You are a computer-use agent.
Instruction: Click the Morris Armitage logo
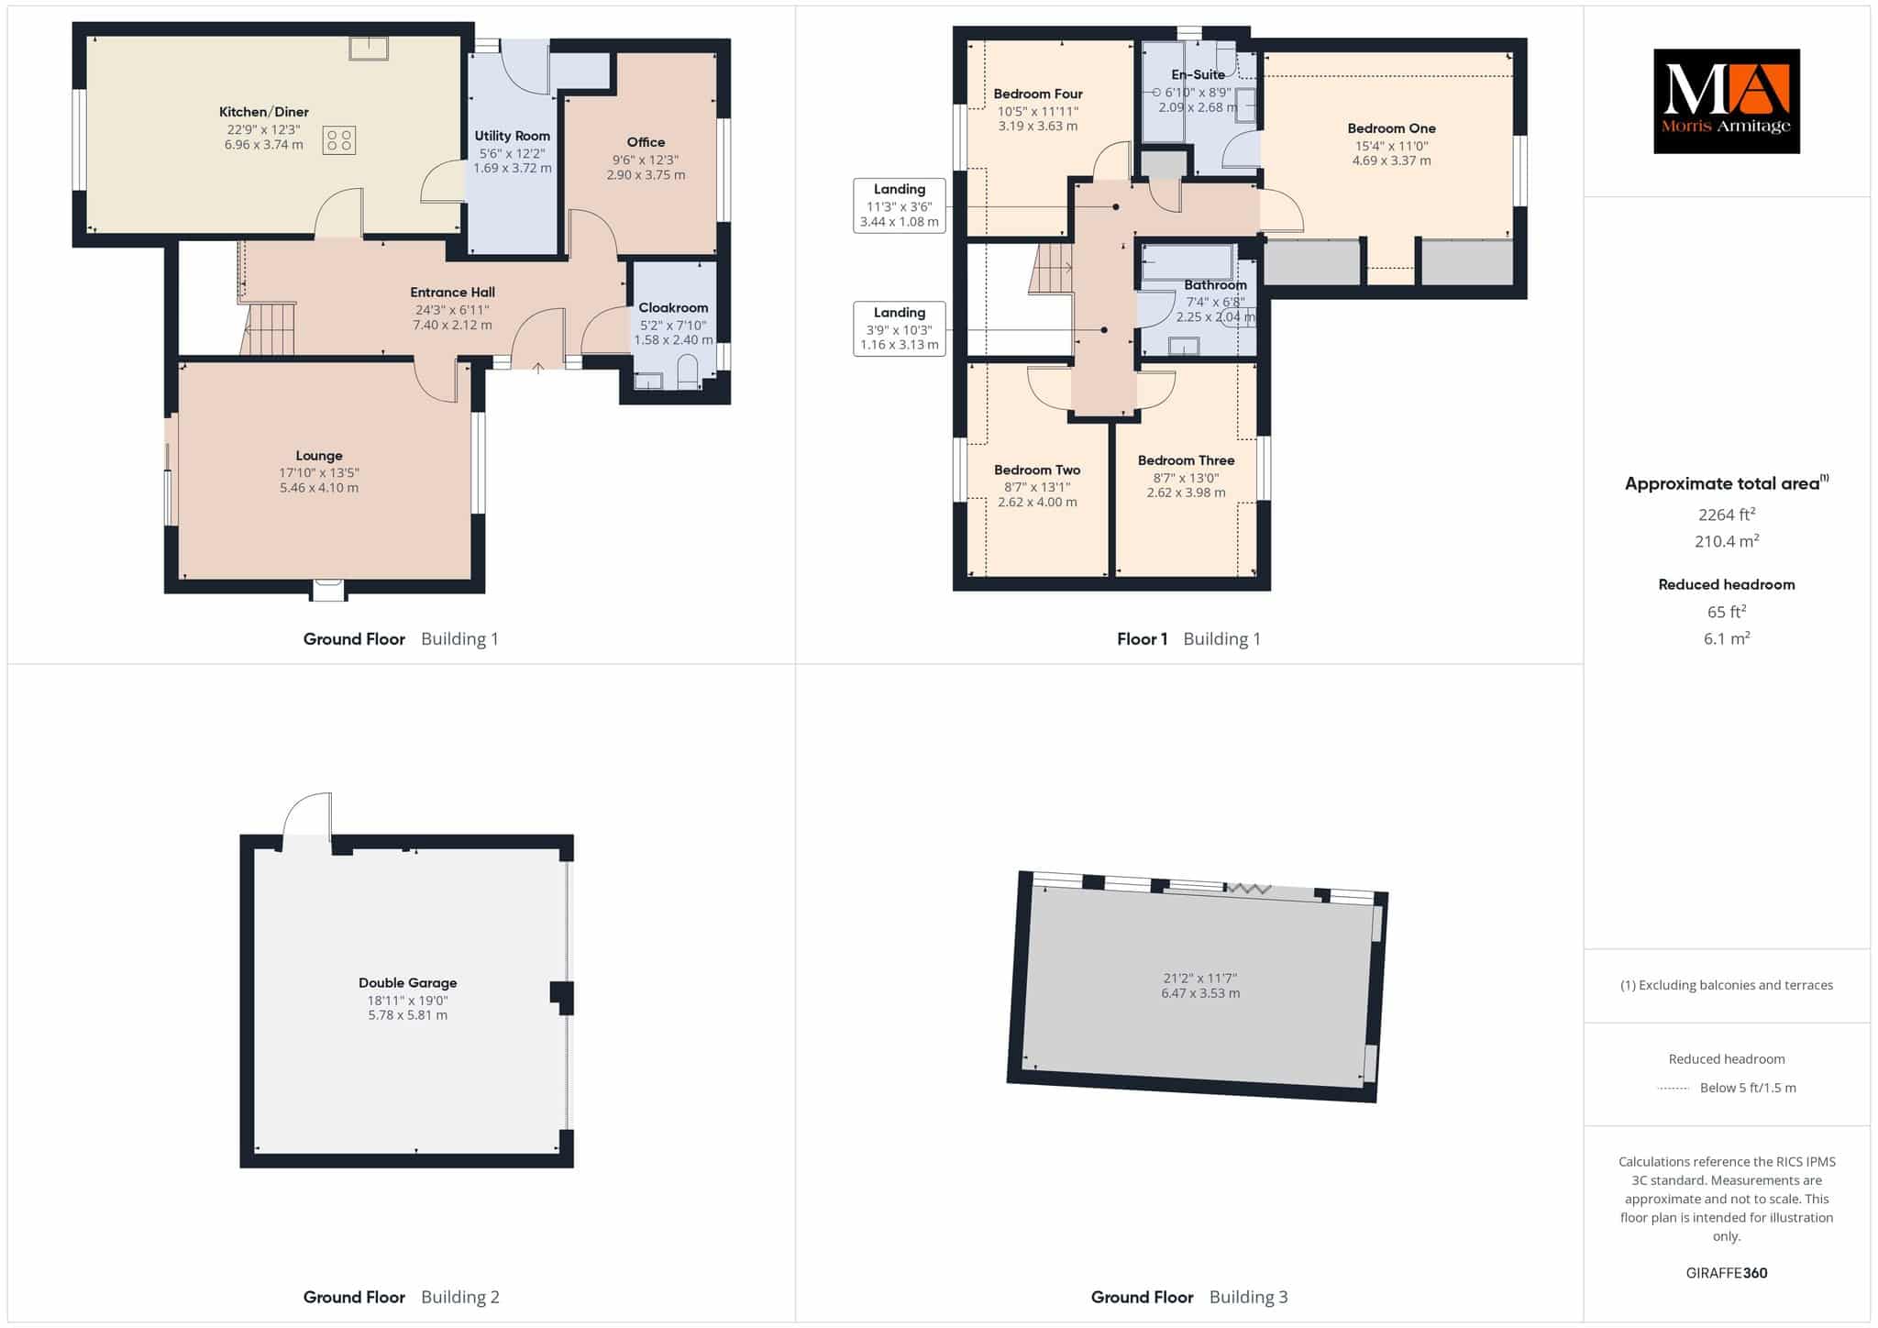[x=1726, y=101]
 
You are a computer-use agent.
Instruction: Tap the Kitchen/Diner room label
[x=264, y=112]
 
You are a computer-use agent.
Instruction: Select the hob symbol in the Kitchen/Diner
[x=338, y=140]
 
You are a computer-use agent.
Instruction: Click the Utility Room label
[x=513, y=136]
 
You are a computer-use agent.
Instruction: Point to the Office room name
[x=646, y=142]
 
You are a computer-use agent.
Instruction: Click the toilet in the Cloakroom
[x=687, y=372]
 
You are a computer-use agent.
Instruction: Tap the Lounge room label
[x=319, y=456]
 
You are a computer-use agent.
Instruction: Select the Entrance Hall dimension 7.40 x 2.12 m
[x=453, y=325]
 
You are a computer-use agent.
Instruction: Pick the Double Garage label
[x=407, y=982]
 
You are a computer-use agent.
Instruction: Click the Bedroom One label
[x=1391, y=128]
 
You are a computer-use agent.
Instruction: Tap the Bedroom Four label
[x=1038, y=94]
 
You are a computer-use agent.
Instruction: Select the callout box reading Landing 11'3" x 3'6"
[x=900, y=205]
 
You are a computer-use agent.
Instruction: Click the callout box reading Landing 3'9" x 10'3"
[x=900, y=328]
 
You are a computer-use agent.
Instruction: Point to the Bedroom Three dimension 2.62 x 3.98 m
[x=1186, y=492]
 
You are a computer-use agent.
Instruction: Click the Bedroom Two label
[x=1037, y=470]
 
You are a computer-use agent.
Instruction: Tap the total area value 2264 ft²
[x=1727, y=515]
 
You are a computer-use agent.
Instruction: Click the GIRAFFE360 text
[x=1727, y=1273]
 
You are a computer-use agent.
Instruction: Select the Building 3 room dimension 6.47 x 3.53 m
[x=1200, y=993]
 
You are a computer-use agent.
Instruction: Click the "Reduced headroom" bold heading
[x=1727, y=584]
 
